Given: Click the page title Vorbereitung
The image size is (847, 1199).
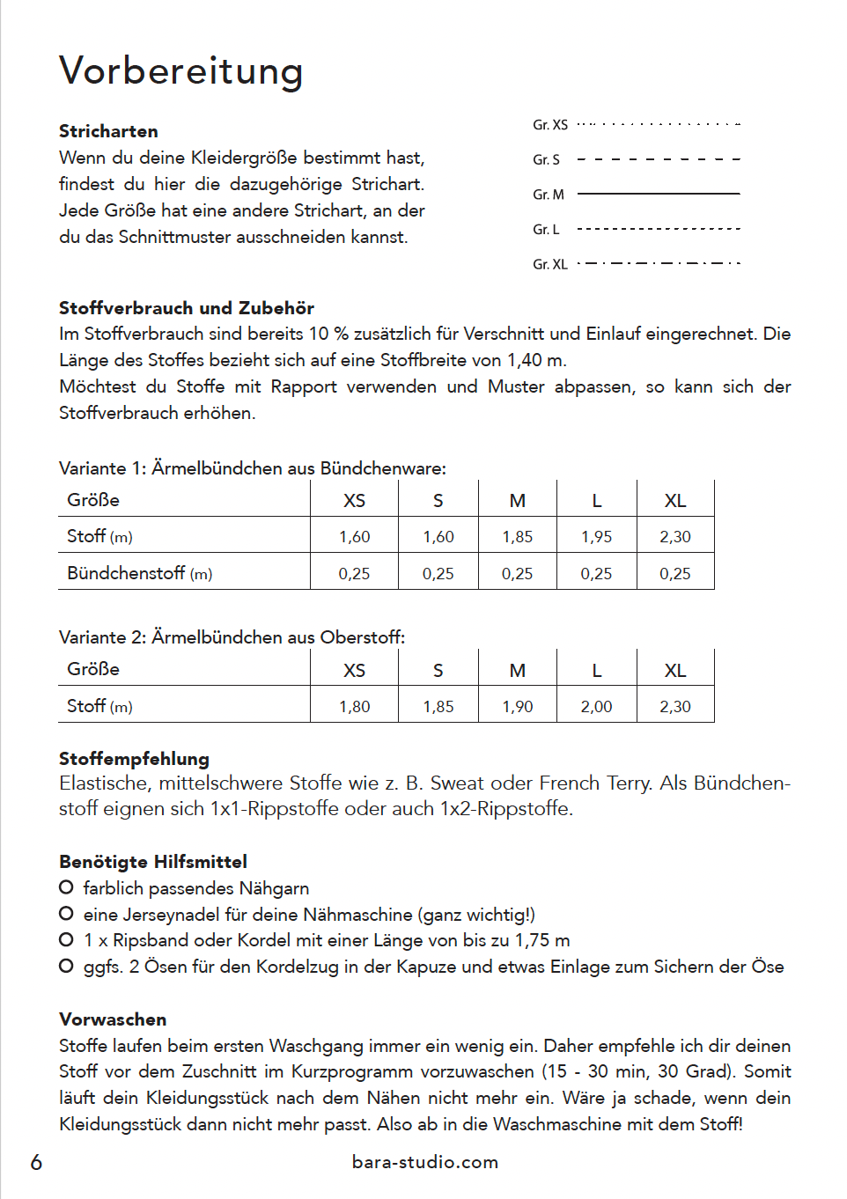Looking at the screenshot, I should tap(181, 71).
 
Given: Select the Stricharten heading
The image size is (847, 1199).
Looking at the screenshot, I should tap(108, 131).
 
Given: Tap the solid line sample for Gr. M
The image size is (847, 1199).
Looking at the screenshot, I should tap(658, 194).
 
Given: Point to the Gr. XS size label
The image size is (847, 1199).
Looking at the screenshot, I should tap(550, 125).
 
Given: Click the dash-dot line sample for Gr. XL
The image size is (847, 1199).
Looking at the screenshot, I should tap(658, 263).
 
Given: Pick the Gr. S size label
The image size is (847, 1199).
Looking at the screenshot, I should tap(546, 159).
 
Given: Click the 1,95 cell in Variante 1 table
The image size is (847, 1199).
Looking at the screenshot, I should tap(596, 537).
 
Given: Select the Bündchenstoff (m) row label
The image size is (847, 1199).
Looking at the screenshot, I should tap(139, 573).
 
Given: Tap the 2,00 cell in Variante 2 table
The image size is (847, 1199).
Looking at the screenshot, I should tap(596, 706).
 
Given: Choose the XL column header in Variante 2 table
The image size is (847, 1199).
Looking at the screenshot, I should tap(675, 670).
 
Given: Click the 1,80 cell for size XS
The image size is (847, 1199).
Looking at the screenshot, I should tap(354, 706).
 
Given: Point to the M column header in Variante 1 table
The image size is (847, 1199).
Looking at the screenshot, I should tap(518, 501).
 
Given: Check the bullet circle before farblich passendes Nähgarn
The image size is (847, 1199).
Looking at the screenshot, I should tap(66, 887).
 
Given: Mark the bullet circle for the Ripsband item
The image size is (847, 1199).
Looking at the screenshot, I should tap(66, 939).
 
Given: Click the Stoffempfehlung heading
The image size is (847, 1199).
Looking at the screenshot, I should tap(134, 759).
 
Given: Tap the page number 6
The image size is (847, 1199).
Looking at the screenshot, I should tap(36, 1162).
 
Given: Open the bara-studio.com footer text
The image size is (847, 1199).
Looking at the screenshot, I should tap(424, 1162).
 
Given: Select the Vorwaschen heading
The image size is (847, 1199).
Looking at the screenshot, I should tap(113, 1019).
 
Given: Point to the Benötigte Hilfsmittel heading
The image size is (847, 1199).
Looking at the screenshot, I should tap(153, 862).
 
